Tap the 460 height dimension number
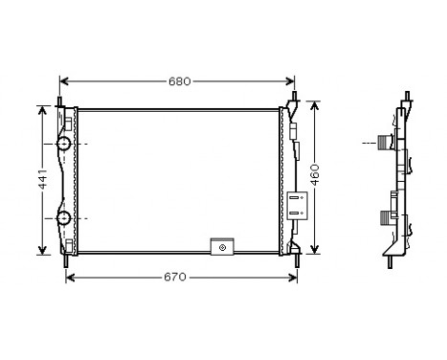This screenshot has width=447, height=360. pyautogui.click(x=315, y=174)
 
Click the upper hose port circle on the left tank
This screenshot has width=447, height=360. pyautogui.click(x=63, y=145)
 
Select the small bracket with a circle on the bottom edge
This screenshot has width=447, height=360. pyautogui.click(x=222, y=247)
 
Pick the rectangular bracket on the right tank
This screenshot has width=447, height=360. pyautogui.click(x=296, y=203)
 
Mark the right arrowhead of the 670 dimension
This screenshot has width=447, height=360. pyautogui.click(x=292, y=278)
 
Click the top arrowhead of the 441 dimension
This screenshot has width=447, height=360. pyautogui.click(x=42, y=108)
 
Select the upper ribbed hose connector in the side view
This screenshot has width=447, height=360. pyautogui.click(x=387, y=144)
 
